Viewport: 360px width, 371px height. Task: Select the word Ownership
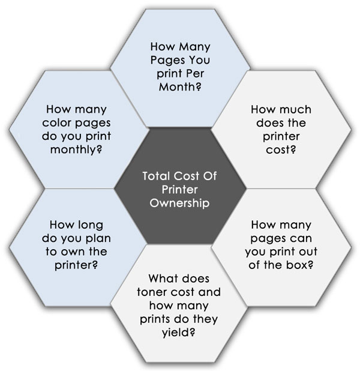pos(180,203)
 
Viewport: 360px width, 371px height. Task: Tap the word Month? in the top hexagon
pos(181,86)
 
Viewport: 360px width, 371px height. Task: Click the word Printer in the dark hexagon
pos(180,190)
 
